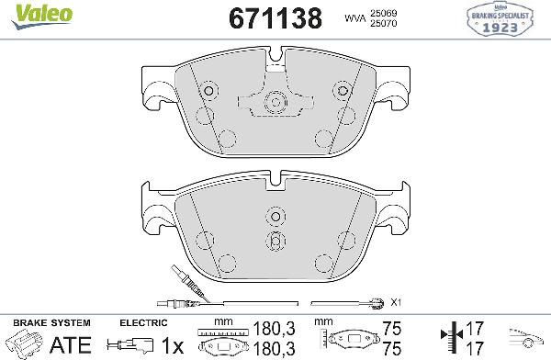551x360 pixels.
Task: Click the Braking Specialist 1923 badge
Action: (x=512, y=19)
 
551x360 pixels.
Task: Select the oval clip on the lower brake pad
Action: (x=275, y=240)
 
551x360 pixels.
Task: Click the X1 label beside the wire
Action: (x=397, y=301)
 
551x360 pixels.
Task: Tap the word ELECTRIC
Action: (x=143, y=322)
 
